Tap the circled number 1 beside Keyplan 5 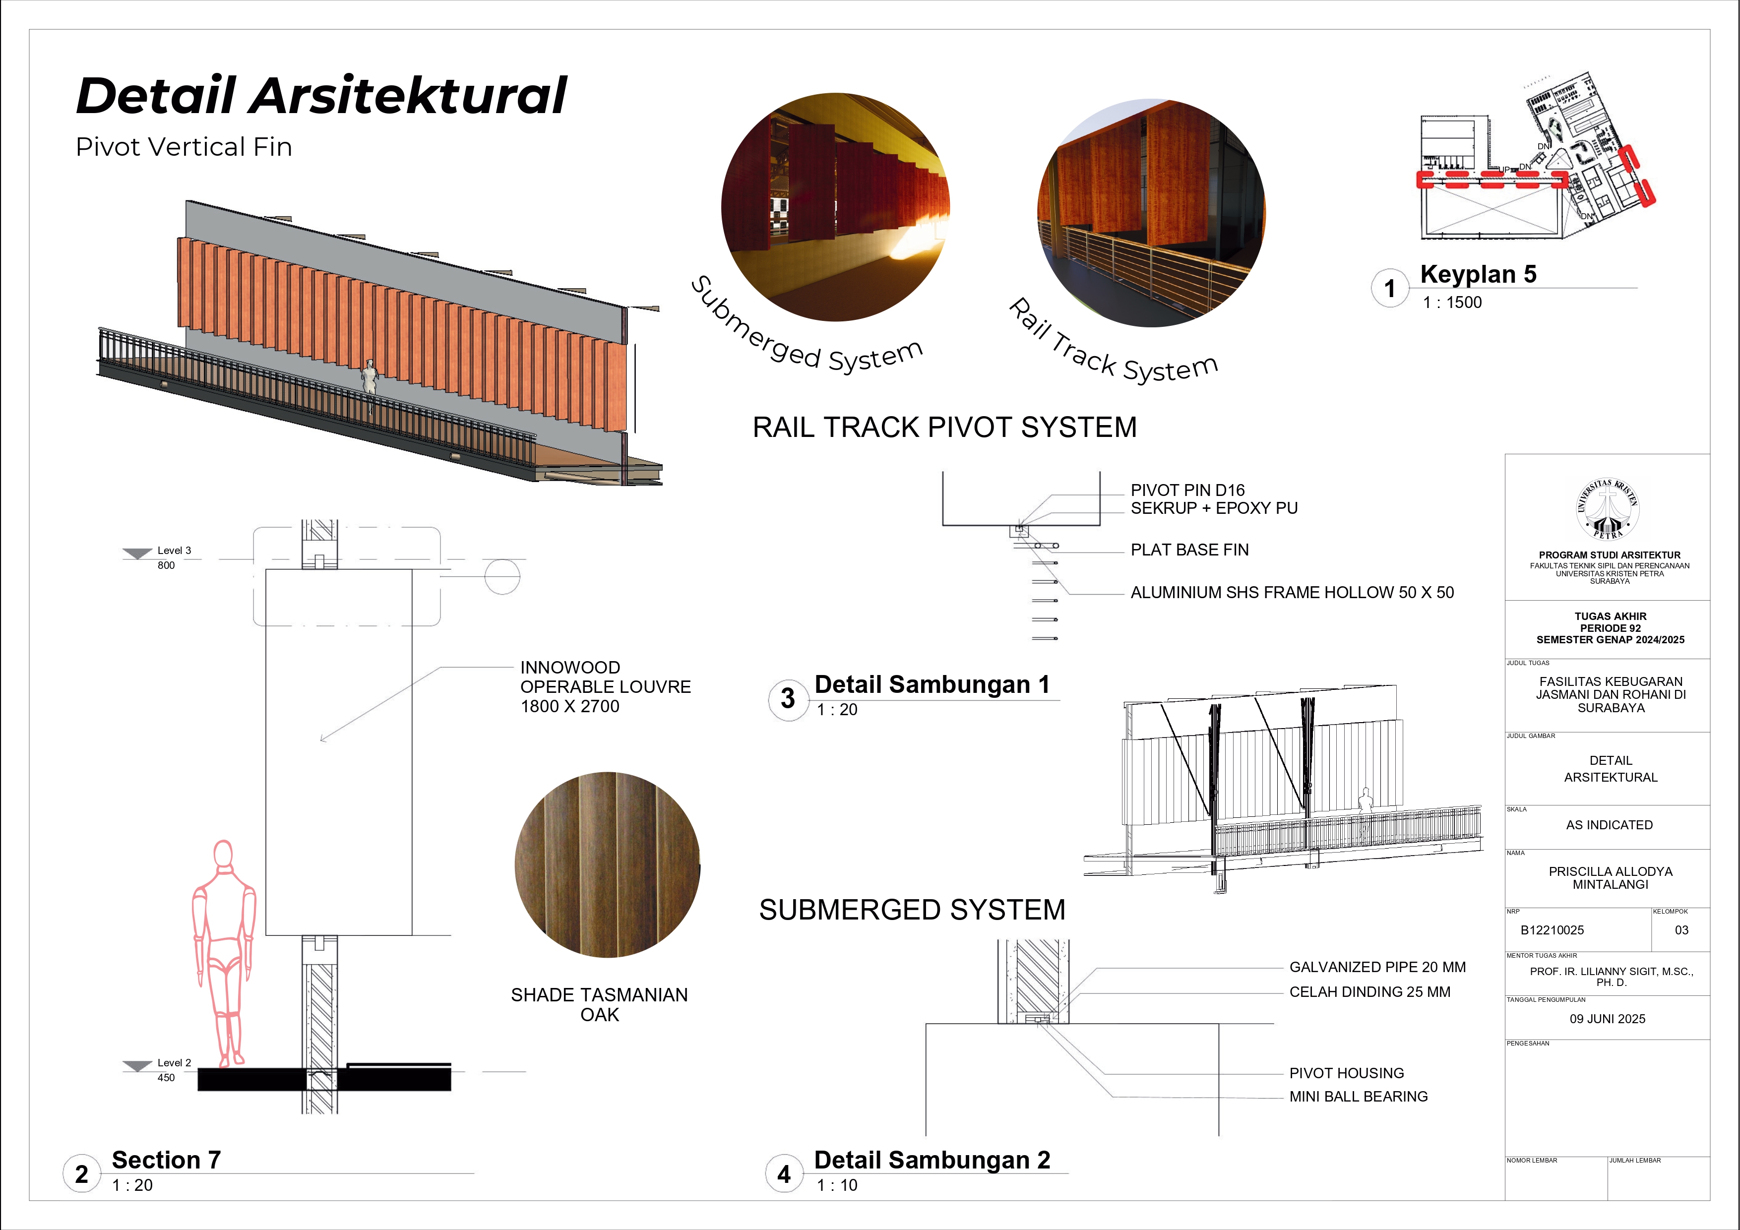pos(1389,289)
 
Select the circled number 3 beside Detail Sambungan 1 pos(787,699)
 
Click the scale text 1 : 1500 pos(1452,303)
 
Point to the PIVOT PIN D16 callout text pos(1187,491)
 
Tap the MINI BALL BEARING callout pos(1358,1097)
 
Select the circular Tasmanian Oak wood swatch pos(607,864)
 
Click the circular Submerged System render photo pos(835,207)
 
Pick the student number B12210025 pos(1552,930)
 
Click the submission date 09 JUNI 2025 pos(1608,1019)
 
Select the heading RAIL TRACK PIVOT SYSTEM pos(944,428)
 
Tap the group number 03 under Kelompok pos(1681,930)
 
